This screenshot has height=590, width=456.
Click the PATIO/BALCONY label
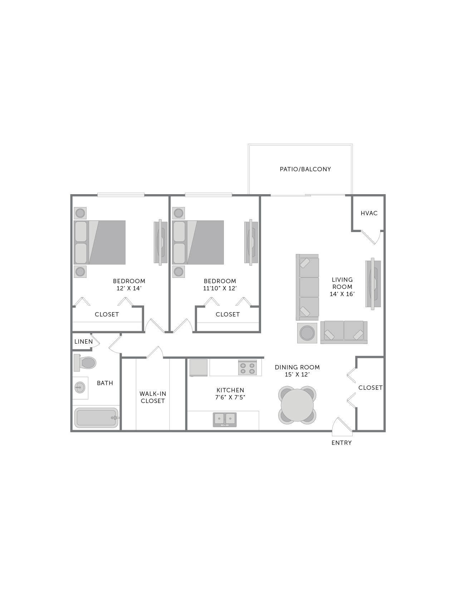pos(305,169)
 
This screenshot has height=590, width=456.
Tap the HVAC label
pos(369,213)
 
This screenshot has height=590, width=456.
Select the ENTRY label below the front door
pos(341,443)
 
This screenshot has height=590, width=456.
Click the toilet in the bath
pos(86,363)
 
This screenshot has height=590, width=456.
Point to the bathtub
pos(96,418)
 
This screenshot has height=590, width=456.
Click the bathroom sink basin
pos(80,387)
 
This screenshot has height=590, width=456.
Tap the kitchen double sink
pos(225,419)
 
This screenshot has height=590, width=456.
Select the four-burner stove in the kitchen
pos(247,368)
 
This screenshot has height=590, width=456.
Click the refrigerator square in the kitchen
pos(198,367)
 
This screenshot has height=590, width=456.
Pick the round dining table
pos(297,405)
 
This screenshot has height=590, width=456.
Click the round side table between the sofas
pos(307,333)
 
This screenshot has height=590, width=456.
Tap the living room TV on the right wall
pos(373,284)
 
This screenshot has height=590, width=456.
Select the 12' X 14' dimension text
pos(129,288)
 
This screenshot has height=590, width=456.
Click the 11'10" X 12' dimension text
pos(220,288)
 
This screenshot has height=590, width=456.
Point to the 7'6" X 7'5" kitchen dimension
pos(230,397)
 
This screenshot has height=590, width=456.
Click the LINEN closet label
pos(83,341)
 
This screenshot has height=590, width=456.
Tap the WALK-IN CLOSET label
pos(153,397)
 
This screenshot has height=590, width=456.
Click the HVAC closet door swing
pos(372,237)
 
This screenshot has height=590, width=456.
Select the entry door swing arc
pos(341,427)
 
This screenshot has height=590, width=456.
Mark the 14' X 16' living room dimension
pos(342,294)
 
